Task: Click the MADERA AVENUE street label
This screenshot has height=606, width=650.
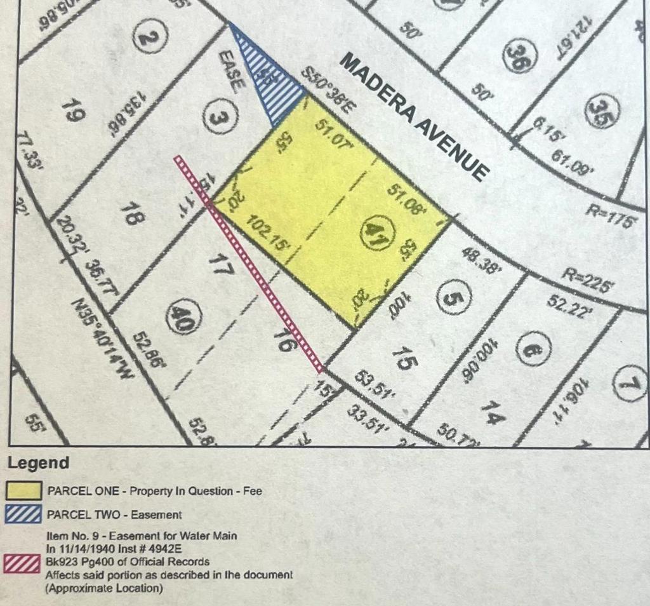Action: coord(416,117)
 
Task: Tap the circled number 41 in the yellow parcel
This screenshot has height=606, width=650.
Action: coord(375,233)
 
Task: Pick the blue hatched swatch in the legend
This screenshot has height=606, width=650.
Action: coord(25,514)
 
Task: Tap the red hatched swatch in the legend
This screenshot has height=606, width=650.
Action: coord(25,562)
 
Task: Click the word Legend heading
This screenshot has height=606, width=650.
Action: coord(39,463)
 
